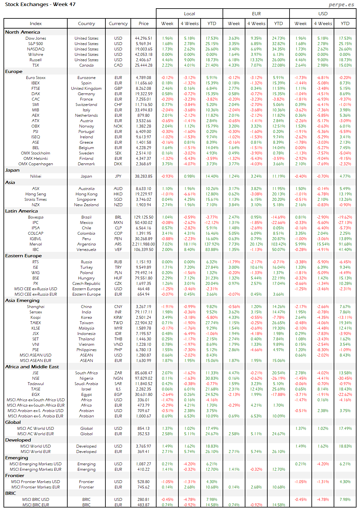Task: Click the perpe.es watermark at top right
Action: [x=341, y=4]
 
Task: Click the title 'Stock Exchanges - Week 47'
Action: [x=40, y=4]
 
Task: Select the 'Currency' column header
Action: [x=118, y=23]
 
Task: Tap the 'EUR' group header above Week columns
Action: [x=256, y=14]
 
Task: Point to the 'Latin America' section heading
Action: [x=21, y=211]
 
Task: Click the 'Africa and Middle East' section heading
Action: [x=32, y=367]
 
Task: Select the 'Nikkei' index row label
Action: [x=36, y=176]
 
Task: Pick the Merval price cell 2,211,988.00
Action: [x=143, y=244]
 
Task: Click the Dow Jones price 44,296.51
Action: [x=143, y=38]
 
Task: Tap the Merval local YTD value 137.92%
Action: [x=212, y=244]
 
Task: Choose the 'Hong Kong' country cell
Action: [x=86, y=194]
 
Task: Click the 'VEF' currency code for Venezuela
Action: [x=118, y=250]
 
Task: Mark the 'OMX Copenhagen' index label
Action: [x=36, y=164]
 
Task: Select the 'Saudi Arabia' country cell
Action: [x=86, y=384]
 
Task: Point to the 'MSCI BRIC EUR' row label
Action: [x=36, y=505]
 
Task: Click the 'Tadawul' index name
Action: [x=36, y=384]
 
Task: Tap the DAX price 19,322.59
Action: [x=143, y=94]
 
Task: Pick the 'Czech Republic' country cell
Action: [x=86, y=284]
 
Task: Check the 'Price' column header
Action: [x=143, y=23]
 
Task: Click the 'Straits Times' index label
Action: [x=36, y=200]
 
